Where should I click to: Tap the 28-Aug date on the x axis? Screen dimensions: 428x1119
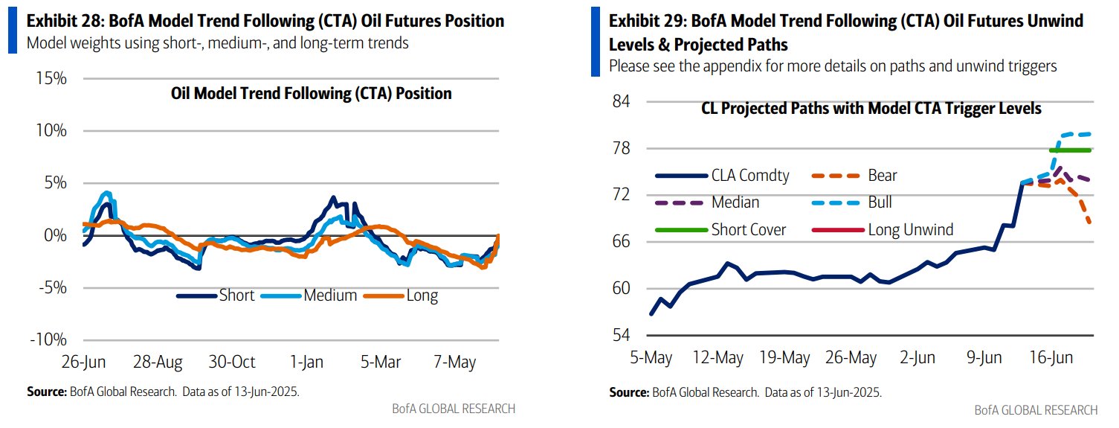[x=158, y=362]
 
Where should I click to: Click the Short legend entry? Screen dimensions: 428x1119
[x=236, y=296]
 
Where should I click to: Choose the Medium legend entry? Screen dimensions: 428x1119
[x=330, y=296]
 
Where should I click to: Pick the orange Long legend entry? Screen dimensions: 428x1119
[x=422, y=296]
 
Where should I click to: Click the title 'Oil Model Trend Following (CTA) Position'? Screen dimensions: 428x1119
[x=311, y=94]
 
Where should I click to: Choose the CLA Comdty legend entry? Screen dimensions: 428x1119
[x=750, y=176]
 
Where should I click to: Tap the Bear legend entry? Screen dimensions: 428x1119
[x=883, y=176]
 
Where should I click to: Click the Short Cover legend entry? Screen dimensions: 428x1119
[x=749, y=229]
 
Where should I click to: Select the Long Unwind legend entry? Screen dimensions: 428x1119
[x=910, y=229]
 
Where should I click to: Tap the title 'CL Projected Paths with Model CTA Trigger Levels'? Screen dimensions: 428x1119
[x=871, y=109]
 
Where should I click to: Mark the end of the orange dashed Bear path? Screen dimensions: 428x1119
[x=1090, y=222]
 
